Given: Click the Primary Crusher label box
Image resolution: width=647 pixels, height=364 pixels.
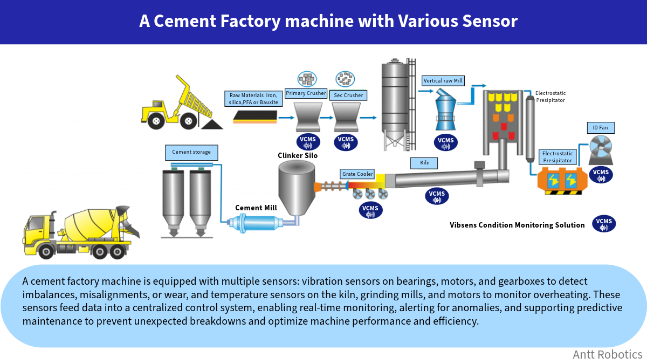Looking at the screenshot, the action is click(306, 93).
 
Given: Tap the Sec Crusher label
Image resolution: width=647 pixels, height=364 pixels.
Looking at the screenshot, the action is click(348, 95).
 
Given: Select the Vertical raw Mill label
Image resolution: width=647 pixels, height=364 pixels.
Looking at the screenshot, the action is click(443, 80).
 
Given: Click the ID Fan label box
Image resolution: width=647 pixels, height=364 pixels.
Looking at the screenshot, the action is click(601, 128).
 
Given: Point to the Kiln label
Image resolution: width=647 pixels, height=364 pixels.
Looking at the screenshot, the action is click(424, 163).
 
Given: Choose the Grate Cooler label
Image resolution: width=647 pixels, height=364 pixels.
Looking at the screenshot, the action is click(357, 174).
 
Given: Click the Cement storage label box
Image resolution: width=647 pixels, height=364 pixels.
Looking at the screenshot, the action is click(191, 152).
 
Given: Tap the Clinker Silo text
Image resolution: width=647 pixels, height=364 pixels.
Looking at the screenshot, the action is click(298, 155).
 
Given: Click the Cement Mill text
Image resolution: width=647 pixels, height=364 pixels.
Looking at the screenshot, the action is click(256, 208).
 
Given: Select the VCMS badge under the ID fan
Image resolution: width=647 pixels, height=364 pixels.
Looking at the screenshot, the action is click(601, 175).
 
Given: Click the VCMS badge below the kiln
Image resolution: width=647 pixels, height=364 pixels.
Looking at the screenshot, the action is click(437, 196).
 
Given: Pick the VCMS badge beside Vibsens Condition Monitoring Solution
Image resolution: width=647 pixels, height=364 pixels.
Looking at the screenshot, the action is click(604, 224).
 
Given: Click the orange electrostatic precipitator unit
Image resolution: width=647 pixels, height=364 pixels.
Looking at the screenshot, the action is click(562, 181).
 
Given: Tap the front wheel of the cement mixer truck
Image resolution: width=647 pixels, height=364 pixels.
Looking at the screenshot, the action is click(46, 252).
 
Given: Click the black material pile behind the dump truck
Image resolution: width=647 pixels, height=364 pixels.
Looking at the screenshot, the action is click(212, 125).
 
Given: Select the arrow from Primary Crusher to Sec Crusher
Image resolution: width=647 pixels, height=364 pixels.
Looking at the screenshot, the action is click(327, 118).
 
